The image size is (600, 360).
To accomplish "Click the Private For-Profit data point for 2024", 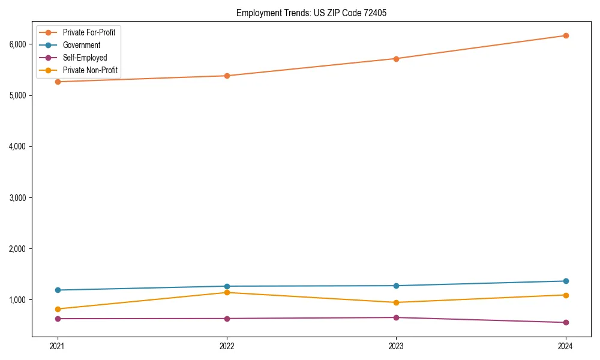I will [565, 35].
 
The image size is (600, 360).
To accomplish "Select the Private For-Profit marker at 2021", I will [58, 82].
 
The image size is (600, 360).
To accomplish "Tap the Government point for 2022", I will [227, 286].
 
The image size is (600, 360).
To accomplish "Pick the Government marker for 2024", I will [565, 281].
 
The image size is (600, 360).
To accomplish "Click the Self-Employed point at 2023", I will [396, 317].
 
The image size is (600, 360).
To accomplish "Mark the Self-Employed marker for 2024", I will [565, 322].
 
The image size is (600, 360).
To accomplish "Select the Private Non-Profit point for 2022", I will [227, 292].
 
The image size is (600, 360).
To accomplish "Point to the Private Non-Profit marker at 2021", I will [58, 309].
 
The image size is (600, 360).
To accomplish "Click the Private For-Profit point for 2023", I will [396, 59].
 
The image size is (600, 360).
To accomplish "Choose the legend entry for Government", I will [81, 45].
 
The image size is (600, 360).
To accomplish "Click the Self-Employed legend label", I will [85, 58].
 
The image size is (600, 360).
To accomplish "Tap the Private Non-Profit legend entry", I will [90, 71].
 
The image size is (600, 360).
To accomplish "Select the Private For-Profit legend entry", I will [89, 32].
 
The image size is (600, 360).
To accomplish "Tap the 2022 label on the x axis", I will [227, 346].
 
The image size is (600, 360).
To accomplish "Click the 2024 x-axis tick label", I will [565, 346].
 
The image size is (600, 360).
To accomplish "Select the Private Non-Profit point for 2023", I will [396, 302].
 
